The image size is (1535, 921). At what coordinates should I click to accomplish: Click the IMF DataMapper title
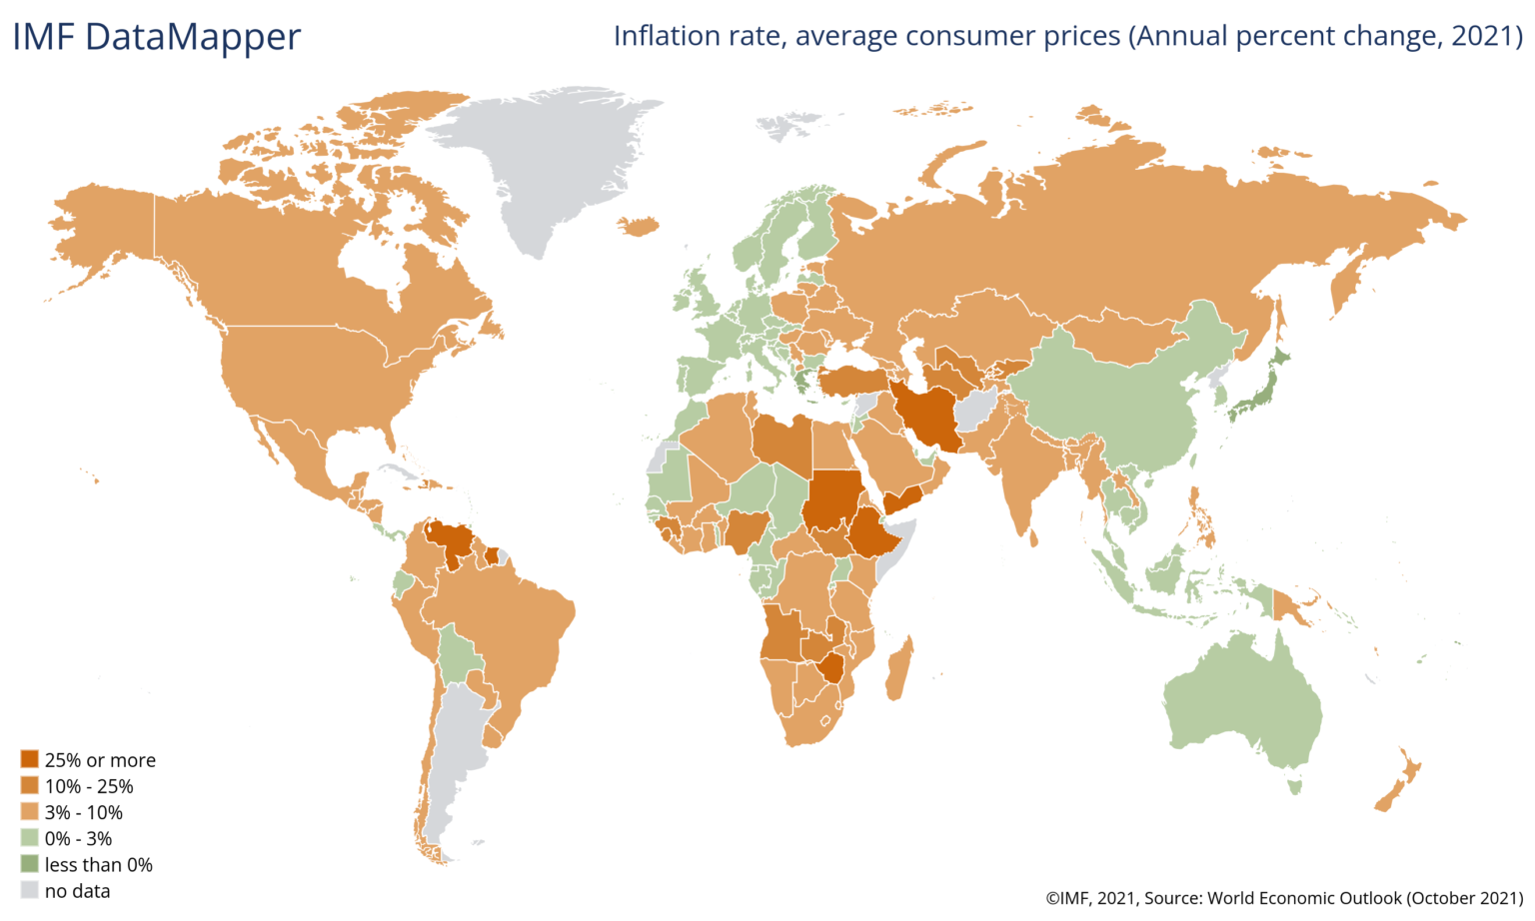click(x=156, y=37)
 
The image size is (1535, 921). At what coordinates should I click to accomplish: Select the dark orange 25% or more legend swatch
click(x=30, y=760)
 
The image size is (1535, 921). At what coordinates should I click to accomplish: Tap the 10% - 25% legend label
click(x=89, y=786)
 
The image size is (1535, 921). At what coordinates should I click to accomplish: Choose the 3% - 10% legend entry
click(x=83, y=812)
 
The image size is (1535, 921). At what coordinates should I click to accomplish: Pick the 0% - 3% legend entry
click(x=78, y=838)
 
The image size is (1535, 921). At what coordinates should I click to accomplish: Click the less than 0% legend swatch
click(x=30, y=864)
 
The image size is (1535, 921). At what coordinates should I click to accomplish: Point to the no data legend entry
click(x=77, y=890)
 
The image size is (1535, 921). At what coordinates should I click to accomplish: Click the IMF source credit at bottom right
click(x=1284, y=898)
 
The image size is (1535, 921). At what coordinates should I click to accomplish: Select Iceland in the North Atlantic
click(x=640, y=227)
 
